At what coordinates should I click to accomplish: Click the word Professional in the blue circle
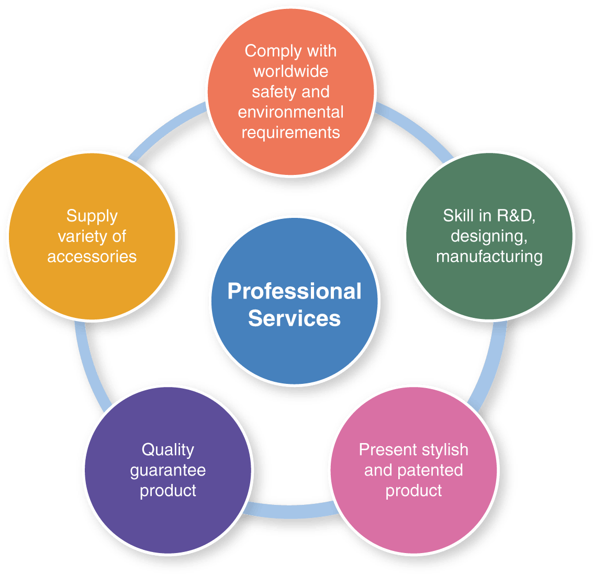click(294, 292)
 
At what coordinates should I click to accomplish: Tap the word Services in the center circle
click(294, 318)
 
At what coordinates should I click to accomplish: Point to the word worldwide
click(290, 71)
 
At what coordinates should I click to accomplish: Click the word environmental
click(290, 112)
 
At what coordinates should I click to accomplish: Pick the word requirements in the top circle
click(290, 133)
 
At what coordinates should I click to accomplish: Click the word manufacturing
click(489, 257)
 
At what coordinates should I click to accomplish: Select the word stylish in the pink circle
click(444, 450)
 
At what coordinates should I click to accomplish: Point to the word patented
click(430, 470)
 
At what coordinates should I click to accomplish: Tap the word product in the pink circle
click(413, 491)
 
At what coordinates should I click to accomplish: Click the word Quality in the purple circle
click(168, 450)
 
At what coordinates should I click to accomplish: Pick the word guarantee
click(168, 471)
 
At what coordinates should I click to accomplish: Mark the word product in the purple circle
click(168, 491)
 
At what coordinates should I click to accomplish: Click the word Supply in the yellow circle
click(92, 216)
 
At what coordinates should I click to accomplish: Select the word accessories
click(92, 257)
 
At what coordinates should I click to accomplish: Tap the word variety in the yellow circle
click(79, 236)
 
